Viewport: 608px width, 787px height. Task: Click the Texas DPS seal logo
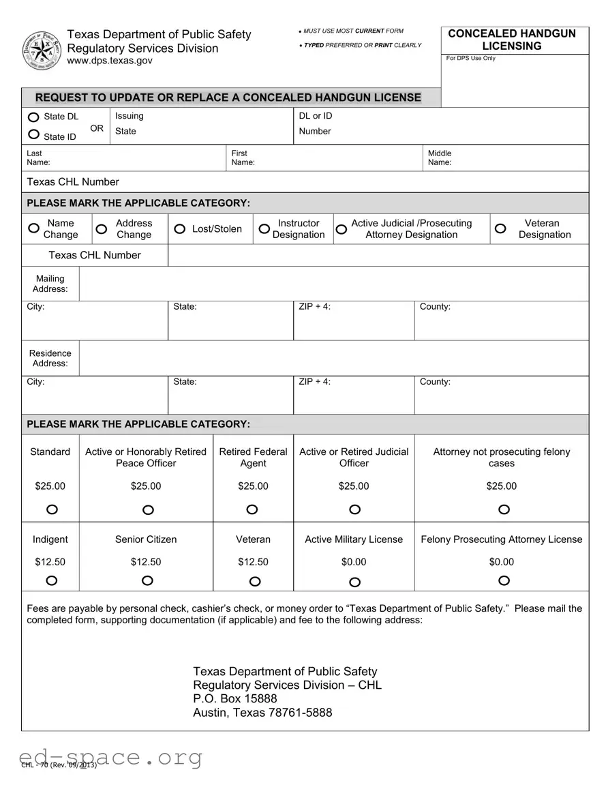(x=42, y=50)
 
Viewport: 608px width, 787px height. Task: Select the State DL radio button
(x=33, y=117)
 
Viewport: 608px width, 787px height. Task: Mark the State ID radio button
(x=33, y=134)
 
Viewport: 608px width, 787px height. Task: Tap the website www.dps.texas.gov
(x=110, y=61)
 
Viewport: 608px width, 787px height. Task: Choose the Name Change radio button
(x=33, y=228)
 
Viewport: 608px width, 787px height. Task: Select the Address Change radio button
(x=101, y=229)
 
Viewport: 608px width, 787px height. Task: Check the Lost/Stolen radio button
(x=179, y=229)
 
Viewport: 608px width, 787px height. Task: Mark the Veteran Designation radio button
(x=500, y=228)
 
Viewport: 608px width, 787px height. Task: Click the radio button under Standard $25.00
(x=52, y=509)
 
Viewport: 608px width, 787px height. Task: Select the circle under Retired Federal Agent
(x=252, y=509)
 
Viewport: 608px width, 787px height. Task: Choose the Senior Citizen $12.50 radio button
(x=147, y=580)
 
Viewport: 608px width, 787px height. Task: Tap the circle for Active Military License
(x=354, y=582)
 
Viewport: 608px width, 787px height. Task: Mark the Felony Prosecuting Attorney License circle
(x=504, y=580)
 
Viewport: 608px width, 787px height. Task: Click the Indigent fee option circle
(x=52, y=580)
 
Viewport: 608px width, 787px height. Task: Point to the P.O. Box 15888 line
(x=235, y=699)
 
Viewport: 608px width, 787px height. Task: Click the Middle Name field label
(x=440, y=158)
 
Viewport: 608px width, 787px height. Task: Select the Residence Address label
(x=50, y=358)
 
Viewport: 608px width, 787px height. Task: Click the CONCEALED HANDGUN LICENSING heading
(x=511, y=40)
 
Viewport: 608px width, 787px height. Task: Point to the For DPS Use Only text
(x=471, y=59)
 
